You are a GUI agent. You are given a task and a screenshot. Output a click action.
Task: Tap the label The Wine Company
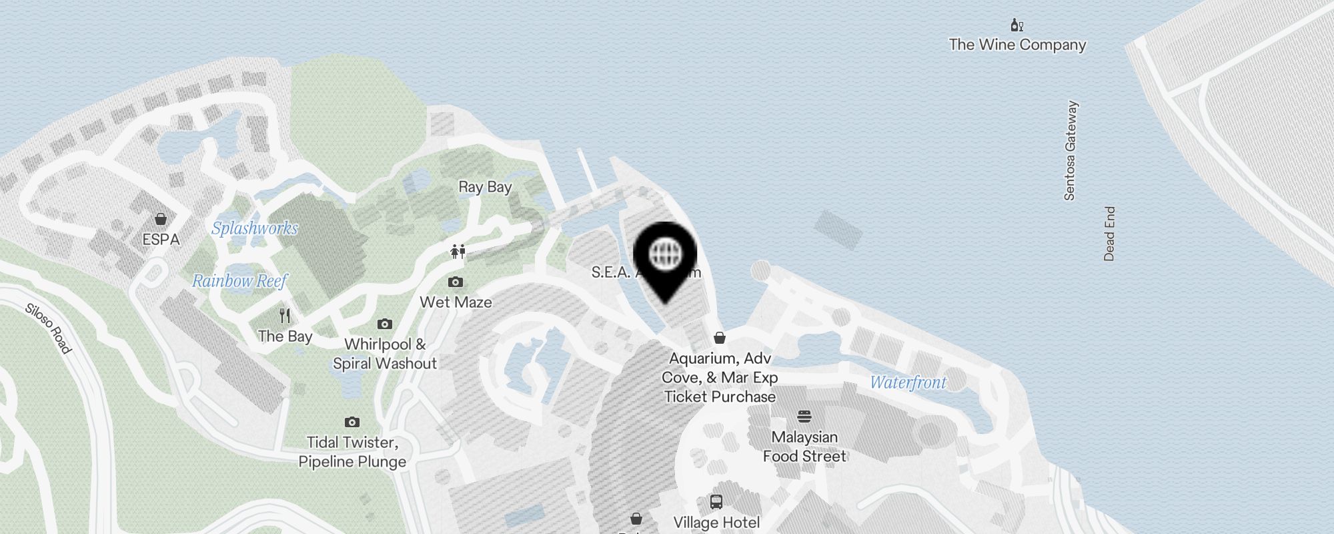pyautogui.click(x=1017, y=45)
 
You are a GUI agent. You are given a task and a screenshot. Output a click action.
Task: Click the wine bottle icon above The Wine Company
pyautogui.click(x=1017, y=26)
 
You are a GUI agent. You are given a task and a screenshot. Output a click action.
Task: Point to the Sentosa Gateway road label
pyautogui.click(x=1071, y=151)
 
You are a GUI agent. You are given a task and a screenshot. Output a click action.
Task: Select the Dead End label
pyautogui.click(x=1109, y=234)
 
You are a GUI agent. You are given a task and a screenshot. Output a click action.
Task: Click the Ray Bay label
pyautogui.click(x=485, y=187)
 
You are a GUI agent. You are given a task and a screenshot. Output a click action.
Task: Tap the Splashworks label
pyautogui.click(x=255, y=228)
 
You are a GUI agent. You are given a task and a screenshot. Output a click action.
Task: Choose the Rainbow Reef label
pyautogui.click(x=239, y=281)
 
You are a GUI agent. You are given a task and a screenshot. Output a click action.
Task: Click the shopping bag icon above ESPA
pyautogui.click(x=161, y=219)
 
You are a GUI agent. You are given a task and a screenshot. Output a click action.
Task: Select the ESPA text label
pyautogui.click(x=161, y=239)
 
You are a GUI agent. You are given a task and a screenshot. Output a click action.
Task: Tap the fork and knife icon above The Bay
pyautogui.click(x=285, y=316)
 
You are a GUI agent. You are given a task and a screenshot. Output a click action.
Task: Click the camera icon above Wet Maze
pyautogui.click(x=456, y=282)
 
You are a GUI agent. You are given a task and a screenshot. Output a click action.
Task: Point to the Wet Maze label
pyautogui.click(x=456, y=302)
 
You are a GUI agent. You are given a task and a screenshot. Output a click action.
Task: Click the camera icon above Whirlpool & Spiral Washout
pyautogui.click(x=385, y=324)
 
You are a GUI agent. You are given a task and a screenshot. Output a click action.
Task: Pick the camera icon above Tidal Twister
pyautogui.click(x=352, y=422)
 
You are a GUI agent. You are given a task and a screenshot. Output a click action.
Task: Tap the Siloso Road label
pyautogui.click(x=48, y=328)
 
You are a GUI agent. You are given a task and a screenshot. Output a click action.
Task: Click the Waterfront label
pyautogui.click(x=908, y=382)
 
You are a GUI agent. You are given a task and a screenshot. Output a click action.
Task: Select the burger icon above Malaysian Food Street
pyautogui.click(x=804, y=417)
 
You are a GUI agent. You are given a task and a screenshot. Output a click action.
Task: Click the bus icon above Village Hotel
pyautogui.click(x=716, y=501)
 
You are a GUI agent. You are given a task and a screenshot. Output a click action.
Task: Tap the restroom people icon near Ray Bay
pyautogui.click(x=458, y=252)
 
